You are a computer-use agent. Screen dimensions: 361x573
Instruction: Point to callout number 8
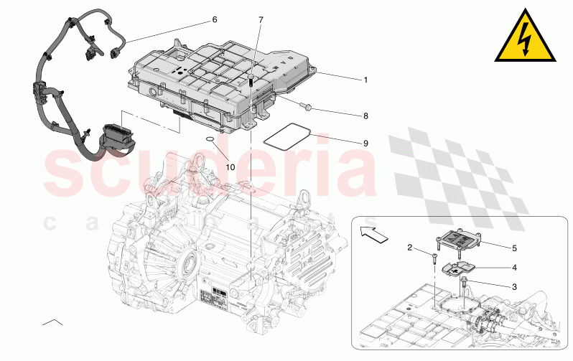click(x=365, y=116)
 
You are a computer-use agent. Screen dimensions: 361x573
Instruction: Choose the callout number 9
click(x=365, y=144)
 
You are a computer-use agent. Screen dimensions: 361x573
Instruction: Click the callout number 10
click(x=230, y=167)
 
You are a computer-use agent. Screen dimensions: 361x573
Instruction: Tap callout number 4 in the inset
click(x=514, y=268)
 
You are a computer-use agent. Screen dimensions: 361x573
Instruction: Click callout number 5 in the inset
click(x=514, y=248)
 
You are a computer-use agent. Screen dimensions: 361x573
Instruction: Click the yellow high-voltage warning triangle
click(x=527, y=39)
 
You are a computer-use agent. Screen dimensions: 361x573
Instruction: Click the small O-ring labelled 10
click(x=207, y=139)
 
